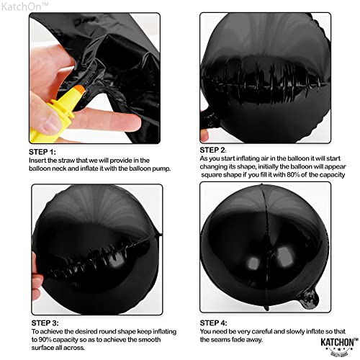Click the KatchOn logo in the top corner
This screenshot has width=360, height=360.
point(21,6)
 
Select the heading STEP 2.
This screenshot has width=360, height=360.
point(217,149)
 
